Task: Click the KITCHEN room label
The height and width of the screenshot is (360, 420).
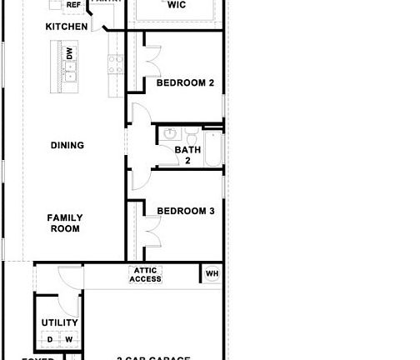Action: coord(66,27)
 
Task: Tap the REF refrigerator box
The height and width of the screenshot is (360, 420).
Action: coord(73,5)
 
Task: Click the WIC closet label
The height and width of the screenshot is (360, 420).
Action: coord(176,5)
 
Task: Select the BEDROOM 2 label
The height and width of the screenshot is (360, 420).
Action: coord(186,83)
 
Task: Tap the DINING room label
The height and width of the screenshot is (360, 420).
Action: coord(67,146)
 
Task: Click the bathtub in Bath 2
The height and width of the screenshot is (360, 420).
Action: coord(212,150)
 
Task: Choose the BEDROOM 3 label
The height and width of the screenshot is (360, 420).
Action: coord(186,212)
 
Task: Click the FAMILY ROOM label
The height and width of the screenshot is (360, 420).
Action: coord(65,223)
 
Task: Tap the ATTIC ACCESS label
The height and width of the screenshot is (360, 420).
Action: coord(145,275)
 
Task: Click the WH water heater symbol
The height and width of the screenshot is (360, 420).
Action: coord(212,273)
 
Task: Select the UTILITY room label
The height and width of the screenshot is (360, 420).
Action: coord(59,323)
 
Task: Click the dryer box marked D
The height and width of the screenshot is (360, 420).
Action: coord(50,340)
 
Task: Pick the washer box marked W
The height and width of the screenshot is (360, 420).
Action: coord(69,340)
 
